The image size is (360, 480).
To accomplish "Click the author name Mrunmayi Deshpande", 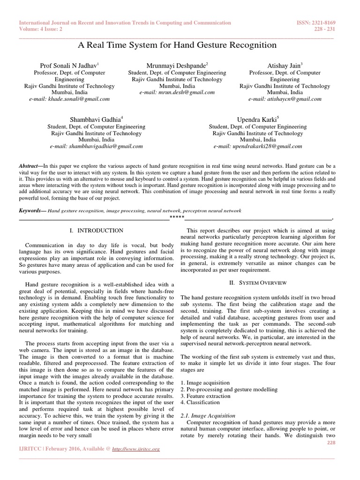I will coord(176,66).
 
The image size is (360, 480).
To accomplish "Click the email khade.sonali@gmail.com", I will coord(69,99).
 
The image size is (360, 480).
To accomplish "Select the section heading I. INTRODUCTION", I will coord(96,231).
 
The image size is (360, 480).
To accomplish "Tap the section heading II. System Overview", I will coord(257,283).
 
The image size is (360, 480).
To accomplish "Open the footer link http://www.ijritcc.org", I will coord(136,449).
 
